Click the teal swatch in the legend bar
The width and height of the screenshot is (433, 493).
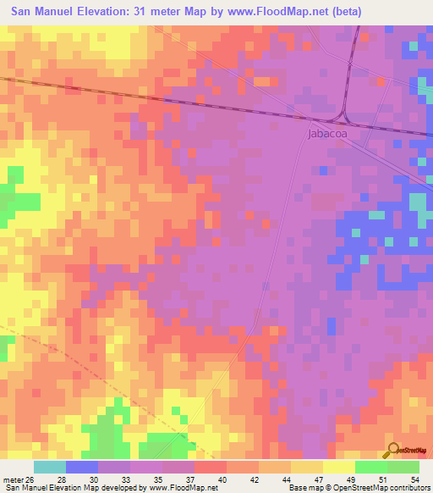tap(50, 466)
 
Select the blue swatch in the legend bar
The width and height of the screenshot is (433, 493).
tap(82, 466)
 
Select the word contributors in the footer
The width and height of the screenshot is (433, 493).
tap(408, 487)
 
